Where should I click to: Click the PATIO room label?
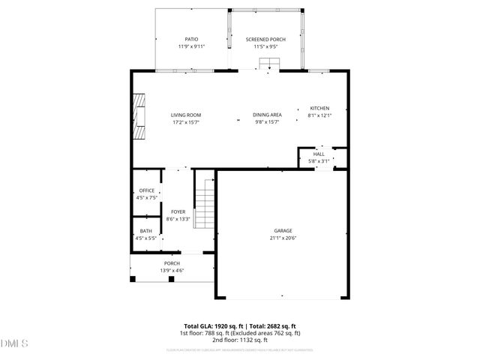tap(191, 38)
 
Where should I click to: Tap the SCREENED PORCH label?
tap(266, 38)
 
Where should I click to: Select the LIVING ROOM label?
tap(186, 115)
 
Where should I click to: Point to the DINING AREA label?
tap(267, 115)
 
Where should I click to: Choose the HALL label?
tap(319, 154)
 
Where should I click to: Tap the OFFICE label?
tap(146, 190)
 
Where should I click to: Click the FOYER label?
tap(178, 212)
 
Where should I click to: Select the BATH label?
tap(146, 231)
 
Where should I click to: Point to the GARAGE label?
tap(283, 231)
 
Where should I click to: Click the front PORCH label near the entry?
tap(172, 263)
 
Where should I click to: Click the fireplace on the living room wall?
tap(139, 116)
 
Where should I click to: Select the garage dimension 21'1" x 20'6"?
tap(283, 238)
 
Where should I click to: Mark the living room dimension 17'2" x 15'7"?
tap(186, 122)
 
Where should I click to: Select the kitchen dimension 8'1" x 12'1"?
tap(319, 116)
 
